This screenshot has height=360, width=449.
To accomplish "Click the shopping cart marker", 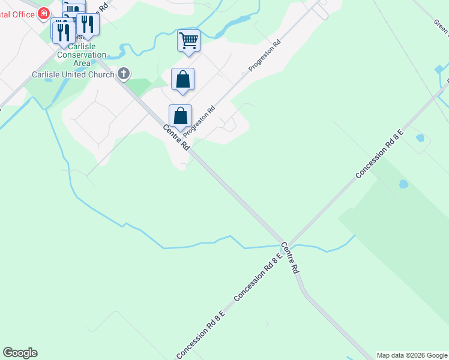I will point(188,41).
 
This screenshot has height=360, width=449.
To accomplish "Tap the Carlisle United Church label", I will point(73,74).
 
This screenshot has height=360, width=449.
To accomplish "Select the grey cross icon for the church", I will point(124,74).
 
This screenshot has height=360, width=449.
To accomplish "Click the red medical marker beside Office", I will point(44,13).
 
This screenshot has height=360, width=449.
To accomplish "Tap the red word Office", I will point(21,14).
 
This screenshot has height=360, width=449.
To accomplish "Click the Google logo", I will point(20,353).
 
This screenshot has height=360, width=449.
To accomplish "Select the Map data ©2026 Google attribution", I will point(411,355).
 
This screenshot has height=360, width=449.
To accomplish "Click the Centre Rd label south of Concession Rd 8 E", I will point(289,258).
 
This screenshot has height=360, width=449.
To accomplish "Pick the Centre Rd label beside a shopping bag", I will point(176,137).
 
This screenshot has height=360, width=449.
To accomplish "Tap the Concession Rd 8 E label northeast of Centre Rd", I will point(379,152).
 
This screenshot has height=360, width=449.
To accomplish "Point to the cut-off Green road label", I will point(441,26).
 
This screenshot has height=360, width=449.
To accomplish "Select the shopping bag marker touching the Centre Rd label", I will point(180,116).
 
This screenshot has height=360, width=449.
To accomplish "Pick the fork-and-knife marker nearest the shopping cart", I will point(88,24).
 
